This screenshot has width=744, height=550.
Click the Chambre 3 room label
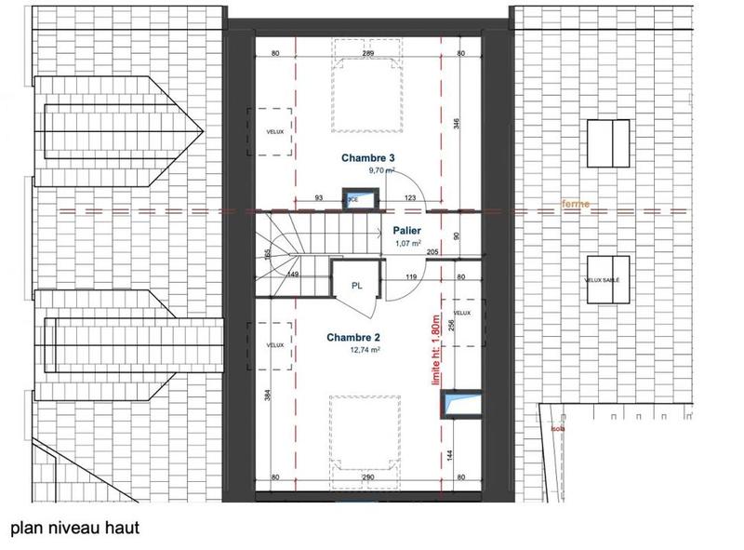coord(367,157)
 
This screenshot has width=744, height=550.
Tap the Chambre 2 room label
coord(352,338)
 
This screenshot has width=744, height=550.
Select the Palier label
coord(406,230)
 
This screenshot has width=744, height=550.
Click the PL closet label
coord(356,286)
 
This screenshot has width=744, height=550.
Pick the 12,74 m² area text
coord(365,351)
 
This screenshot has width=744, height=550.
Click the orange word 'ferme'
coord(576,204)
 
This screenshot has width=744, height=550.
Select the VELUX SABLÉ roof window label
coord(603,280)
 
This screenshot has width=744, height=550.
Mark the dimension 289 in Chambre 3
coord(368,54)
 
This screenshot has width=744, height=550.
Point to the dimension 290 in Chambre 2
coord(368,477)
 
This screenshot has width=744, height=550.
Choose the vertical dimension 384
coord(268,395)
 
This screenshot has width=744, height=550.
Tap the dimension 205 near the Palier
coord(432,253)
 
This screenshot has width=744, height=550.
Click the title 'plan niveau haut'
coord(74,529)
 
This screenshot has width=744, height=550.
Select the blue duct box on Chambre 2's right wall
coord(461,402)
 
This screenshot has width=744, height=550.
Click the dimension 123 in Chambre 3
coord(410,198)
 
